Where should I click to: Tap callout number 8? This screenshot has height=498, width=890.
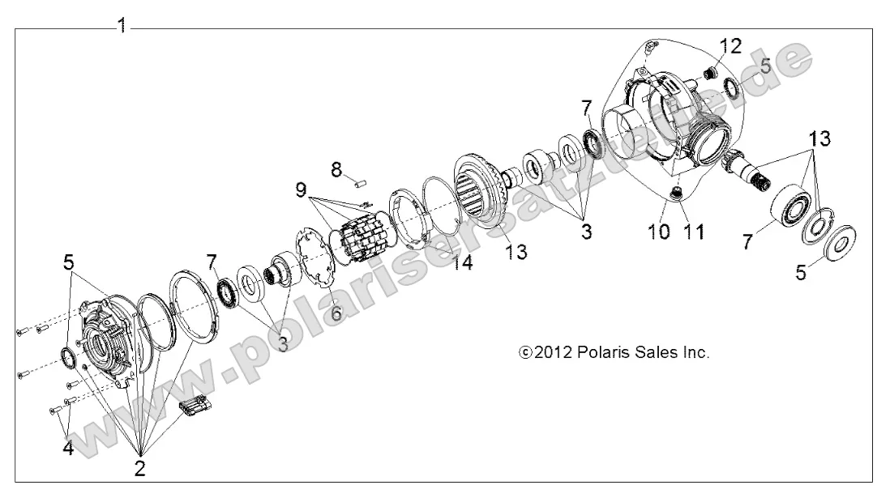coord(336,169)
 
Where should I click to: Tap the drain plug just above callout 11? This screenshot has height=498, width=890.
coord(675,193)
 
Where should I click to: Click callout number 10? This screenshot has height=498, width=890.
coord(658,232)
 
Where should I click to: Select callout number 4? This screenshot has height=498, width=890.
coord(67,447)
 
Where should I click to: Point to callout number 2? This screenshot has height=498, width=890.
coord(139,467)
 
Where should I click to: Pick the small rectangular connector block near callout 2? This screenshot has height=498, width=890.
coord(195,409)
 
